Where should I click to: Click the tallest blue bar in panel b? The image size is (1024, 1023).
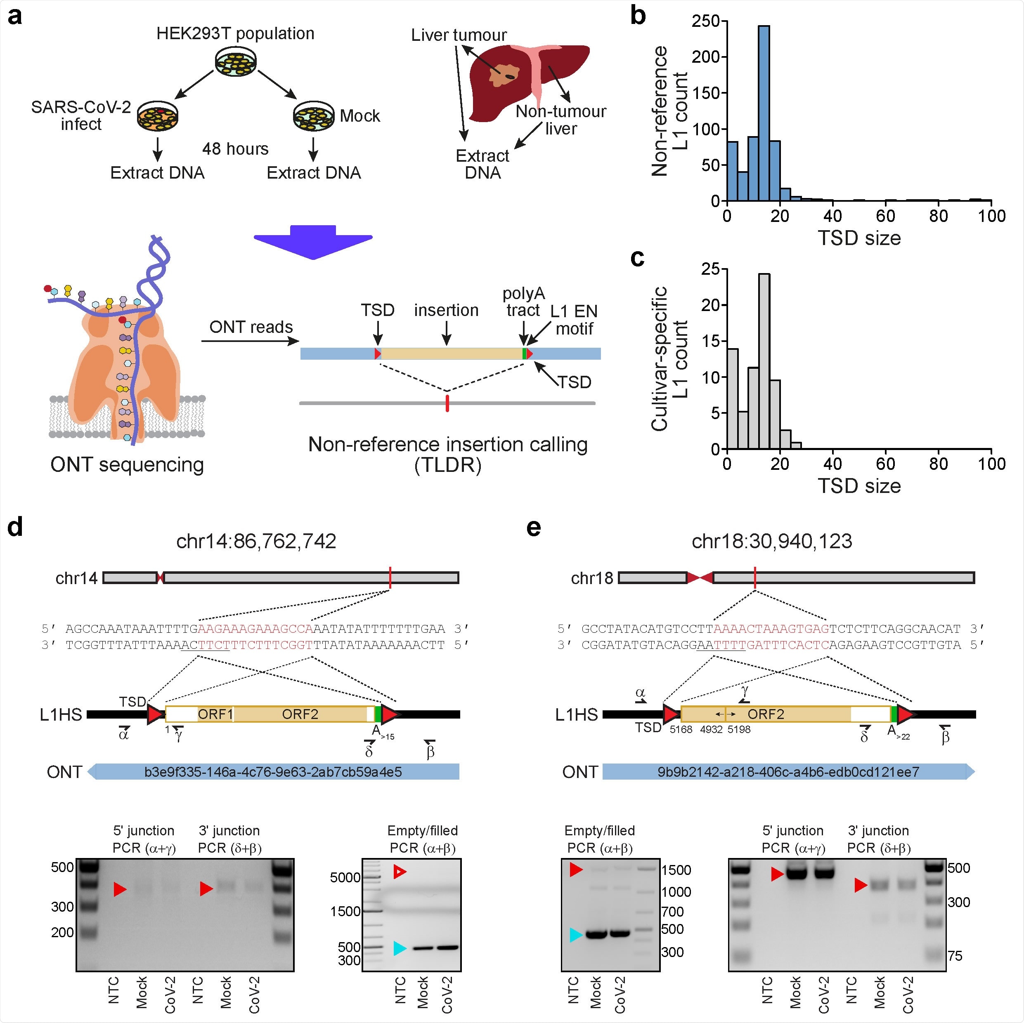click(764, 114)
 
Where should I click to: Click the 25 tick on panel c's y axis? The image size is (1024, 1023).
click(711, 269)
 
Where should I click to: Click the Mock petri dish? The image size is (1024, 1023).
click(314, 115)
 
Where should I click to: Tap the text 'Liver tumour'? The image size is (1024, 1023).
click(459, 35)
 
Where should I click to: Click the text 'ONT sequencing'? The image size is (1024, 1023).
click(127, 464)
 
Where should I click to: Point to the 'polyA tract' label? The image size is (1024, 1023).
click(523, 302)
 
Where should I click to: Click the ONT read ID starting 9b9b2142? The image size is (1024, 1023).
click(788, 772)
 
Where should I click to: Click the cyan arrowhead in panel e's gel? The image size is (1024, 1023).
click(576, 935)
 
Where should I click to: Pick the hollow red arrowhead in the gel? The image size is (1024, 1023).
click(400, 872)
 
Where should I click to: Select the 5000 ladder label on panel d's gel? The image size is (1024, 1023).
click(345, 878)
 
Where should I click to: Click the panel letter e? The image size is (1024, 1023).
click(533, 528)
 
